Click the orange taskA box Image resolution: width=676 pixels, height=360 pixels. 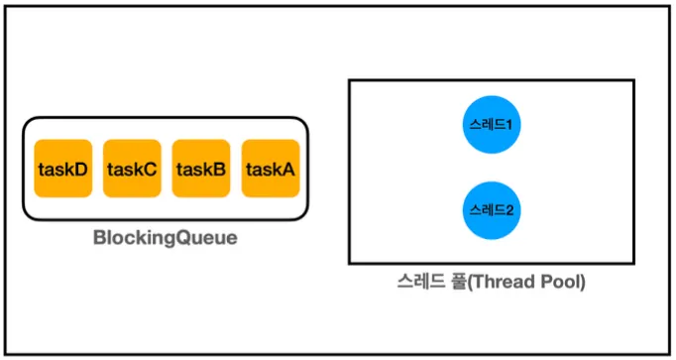[271, 169]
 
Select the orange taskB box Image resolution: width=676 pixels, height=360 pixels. [201, 169]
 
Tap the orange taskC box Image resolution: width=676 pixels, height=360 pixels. [132, 169]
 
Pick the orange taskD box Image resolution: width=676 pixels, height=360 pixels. [63, 169]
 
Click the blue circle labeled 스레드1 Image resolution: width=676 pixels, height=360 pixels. [492, 125]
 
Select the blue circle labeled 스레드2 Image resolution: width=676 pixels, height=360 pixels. [492, 210]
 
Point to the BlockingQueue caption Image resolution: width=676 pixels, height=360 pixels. [166, 238]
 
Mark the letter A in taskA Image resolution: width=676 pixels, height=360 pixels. [287, 169]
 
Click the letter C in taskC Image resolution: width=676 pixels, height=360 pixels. [150, 169]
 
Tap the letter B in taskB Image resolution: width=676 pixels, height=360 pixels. [219, 169]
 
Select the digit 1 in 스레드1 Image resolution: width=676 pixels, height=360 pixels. [508, 125]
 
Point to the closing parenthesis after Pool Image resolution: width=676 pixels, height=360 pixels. [583, 283]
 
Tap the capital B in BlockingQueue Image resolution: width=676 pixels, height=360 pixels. [100, 238]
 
